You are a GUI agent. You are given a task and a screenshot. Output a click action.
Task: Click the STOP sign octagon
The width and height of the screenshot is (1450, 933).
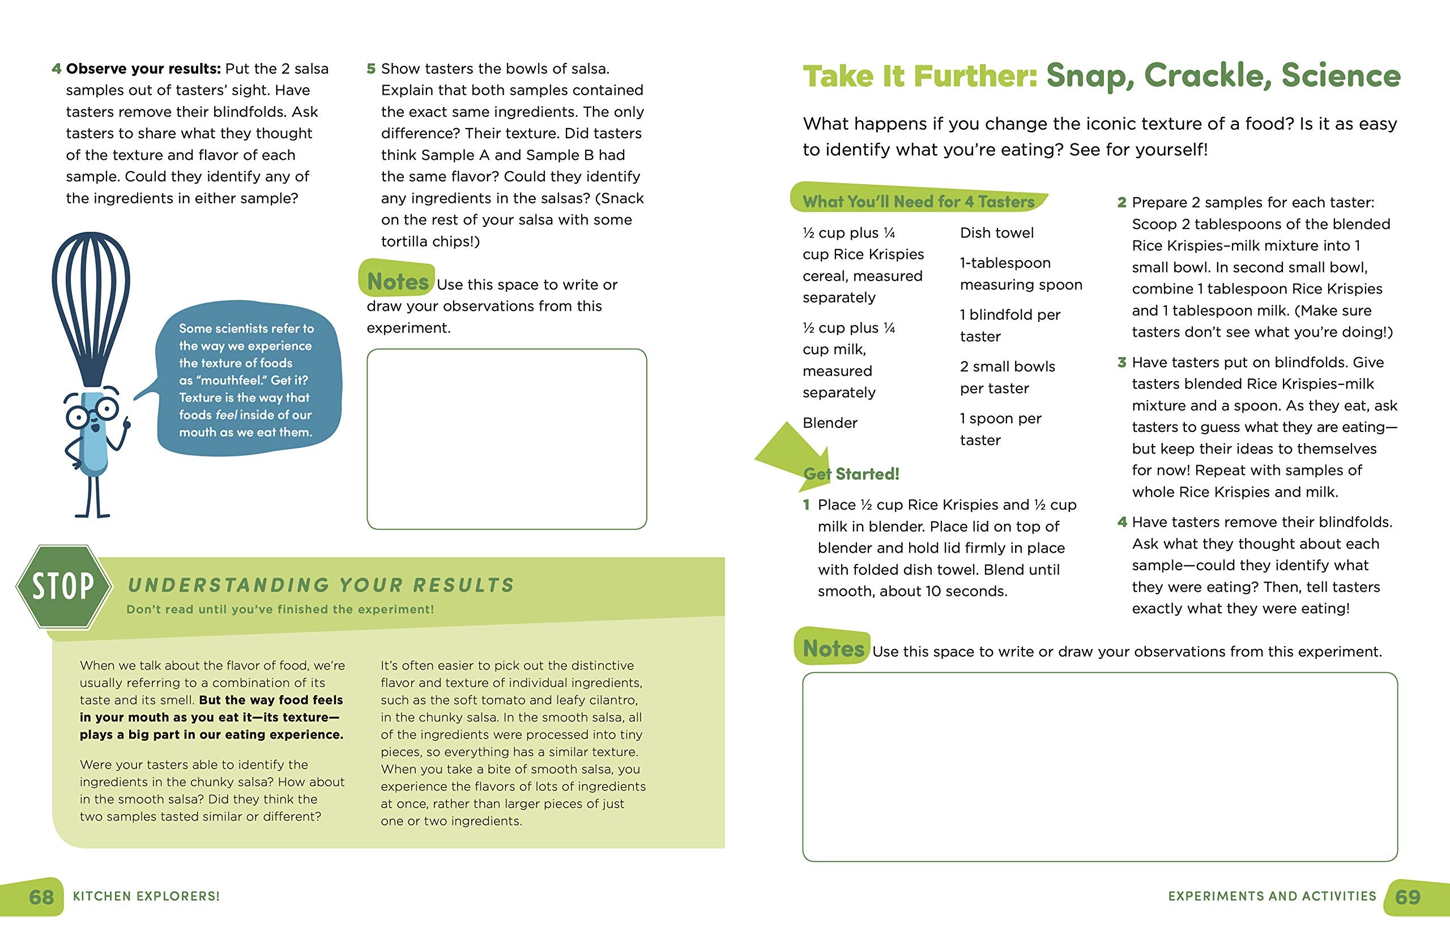[x=63, y=587]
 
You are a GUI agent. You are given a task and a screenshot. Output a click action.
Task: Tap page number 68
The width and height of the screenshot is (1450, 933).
[x=41, y=897]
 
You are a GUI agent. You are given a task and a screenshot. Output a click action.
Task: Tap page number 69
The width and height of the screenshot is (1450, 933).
[x=1408, y=897]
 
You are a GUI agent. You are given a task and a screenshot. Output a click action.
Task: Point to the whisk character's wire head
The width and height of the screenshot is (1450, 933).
[x=91, y=303]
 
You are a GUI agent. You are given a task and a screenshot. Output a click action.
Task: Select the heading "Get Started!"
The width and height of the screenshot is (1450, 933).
[x=851, y=474]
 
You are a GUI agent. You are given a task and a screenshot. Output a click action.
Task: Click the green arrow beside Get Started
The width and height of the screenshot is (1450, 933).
[x=790, y=451]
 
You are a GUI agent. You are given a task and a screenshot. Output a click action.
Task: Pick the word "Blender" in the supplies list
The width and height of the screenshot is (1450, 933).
[x=829, y=423]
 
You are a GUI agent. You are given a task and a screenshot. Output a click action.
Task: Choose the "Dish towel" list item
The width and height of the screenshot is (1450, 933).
[x=996, y=232]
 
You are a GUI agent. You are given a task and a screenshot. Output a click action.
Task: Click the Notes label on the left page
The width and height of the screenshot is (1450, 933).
[x=397, y=281]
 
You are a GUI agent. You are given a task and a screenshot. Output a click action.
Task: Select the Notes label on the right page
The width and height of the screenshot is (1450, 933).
[x=833, y=648]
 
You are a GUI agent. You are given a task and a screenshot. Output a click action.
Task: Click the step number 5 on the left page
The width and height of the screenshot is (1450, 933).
[x=371, y=69]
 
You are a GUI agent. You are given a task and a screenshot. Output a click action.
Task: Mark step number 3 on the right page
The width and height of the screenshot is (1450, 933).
[x=1122, y=362]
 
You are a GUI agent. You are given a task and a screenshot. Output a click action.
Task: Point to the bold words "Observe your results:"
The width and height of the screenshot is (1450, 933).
[x=143, y=69]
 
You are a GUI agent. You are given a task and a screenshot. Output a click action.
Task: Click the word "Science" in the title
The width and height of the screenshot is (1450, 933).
[x=1341, y=77]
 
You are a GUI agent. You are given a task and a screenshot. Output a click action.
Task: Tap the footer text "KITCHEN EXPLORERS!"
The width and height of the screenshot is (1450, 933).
[x=146, y=896]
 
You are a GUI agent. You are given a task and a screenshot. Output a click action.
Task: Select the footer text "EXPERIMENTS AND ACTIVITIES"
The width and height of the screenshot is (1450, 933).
[x=1272, y=896]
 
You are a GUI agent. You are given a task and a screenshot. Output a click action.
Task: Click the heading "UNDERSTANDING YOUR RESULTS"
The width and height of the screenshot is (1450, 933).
[x=321, y=585]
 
